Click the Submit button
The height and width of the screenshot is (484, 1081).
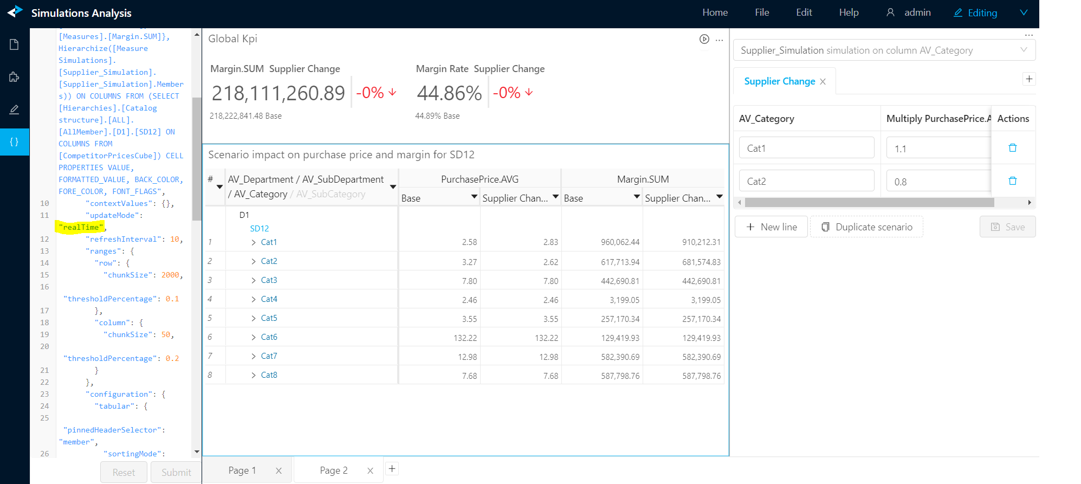[176, 472]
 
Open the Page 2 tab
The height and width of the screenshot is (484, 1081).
[334, 470]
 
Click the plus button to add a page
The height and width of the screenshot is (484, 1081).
[392, 469]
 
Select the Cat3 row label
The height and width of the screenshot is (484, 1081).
[269, 280]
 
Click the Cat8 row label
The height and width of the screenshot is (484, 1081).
[269, 375]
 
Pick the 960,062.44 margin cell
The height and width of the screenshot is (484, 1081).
[620, 242]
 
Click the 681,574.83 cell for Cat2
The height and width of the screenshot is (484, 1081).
[701, 262]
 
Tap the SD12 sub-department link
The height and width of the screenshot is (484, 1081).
[260, 229]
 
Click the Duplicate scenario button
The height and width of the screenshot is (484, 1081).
[866, 227]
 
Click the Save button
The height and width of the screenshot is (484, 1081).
[1007, 227]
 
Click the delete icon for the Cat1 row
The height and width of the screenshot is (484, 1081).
[1012, 148]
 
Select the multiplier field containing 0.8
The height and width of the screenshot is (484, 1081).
[938, 182]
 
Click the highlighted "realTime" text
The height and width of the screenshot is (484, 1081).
[81, 227]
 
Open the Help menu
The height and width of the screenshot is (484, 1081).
[849, 12]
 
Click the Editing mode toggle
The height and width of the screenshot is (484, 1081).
[975, 12]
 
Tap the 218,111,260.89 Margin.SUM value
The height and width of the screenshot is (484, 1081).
[278, 93]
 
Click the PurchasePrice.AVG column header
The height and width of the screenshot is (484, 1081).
[480, 179]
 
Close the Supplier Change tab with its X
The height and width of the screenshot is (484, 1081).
[823, 81]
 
